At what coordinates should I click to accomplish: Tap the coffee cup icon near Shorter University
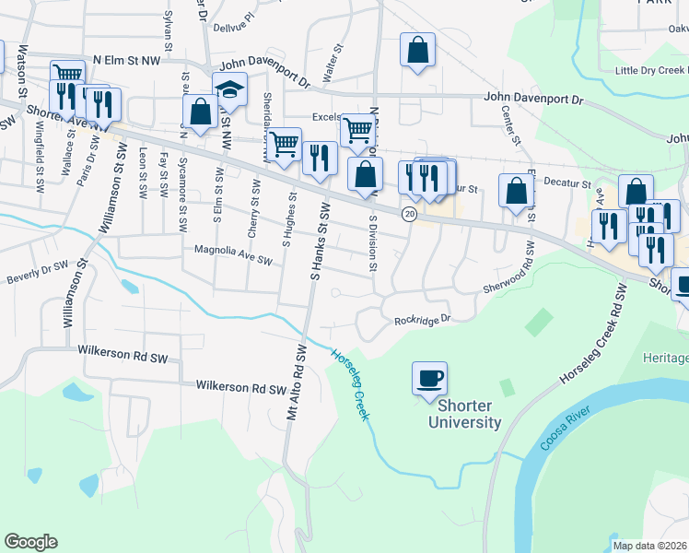[429, 379]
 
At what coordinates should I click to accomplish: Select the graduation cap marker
[229, 90]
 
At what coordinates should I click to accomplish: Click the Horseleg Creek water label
[351, 382]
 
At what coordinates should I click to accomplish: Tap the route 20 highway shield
[408, 214]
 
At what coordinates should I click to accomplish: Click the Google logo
[30, 542]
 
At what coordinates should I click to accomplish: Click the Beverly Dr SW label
[38, 274]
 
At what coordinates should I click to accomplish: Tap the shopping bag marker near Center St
[517, 191]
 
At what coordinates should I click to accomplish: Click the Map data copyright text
[650, 546]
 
